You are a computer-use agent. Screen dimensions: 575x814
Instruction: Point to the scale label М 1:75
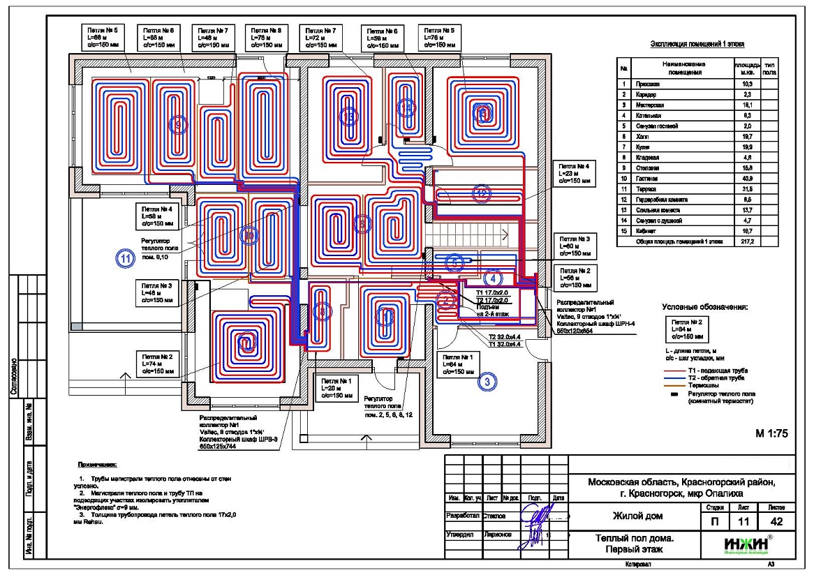coord(771,433)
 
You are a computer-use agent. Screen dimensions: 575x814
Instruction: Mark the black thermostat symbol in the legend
coord(674,395)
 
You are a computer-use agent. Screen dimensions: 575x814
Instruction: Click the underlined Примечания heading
coord(98,464)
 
